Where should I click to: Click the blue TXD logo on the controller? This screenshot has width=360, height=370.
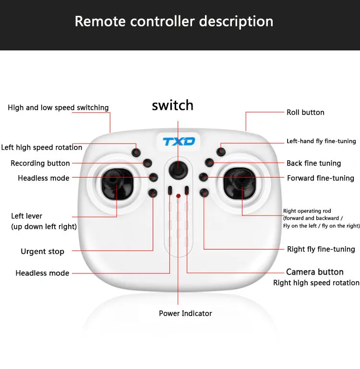pos(179,142)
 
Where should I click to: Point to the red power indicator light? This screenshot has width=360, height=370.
pos(178,196)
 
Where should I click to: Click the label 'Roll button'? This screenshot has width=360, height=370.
pos(305,112)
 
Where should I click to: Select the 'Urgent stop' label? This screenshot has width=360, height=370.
pos(42,251)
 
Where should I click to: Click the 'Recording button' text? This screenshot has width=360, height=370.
pos(40,163)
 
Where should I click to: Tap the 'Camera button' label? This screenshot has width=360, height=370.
pos(315,272)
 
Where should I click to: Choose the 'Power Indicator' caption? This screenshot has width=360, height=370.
pos(185,313)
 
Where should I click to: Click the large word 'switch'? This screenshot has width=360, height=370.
pos(173,105)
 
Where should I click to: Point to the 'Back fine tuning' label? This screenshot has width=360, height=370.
pos(314,163)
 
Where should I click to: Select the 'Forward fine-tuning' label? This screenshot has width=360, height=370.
pos(321,178)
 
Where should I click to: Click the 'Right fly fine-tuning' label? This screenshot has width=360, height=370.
pos(321,249)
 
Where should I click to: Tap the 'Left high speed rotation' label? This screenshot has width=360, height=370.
pos(42,147)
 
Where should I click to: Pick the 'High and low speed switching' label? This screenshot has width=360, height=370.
pos(58,107)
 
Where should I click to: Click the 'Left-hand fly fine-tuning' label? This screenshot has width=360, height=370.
pos(321,141)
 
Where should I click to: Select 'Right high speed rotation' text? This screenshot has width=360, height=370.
pos(316,283)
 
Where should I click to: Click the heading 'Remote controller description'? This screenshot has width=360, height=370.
pos(174,22)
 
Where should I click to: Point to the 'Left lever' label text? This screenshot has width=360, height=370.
pos(27,216)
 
